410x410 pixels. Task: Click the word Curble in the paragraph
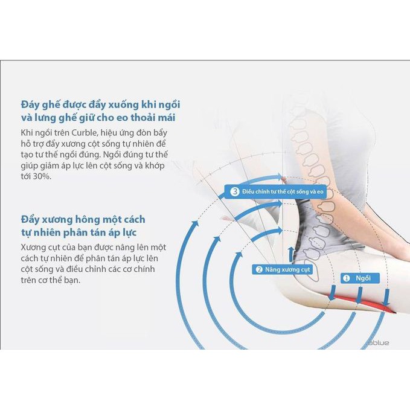coord(84,133)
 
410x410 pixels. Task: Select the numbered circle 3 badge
coord(234,191)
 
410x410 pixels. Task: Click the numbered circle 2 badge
coord(259,269)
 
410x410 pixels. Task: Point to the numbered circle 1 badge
coord(346,278)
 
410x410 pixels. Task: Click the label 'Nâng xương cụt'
coord(287,269)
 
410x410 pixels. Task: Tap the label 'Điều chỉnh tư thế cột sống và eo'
coord(283,191)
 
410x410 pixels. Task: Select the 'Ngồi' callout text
coord(363,278)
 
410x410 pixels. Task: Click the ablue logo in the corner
coord(379,342)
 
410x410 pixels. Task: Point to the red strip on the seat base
coord(361,303)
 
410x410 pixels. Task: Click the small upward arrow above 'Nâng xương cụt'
coord(290,254)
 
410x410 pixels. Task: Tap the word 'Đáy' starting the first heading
coord(30,104)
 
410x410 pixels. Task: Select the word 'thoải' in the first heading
coord(143,117)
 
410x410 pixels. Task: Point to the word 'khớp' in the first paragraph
coord(154,166)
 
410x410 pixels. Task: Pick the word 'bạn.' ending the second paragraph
coord(72,280)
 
